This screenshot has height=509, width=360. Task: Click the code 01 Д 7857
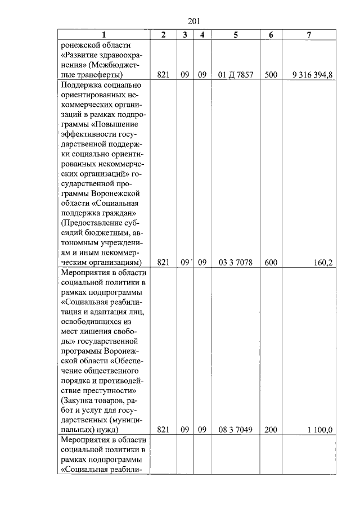(x=235, y=74)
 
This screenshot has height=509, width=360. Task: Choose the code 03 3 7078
(x=235, y=262)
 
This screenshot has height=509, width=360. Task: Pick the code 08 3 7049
(x=235, y=430)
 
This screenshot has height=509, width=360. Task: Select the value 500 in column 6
(x=271, y=74)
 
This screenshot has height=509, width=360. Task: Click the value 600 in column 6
(x=271, y=262)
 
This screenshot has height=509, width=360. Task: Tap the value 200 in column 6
(x=271, y=430)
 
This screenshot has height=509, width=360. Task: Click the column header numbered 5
(x=235, y=35)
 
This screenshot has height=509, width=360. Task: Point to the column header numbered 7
(x=309, y=35)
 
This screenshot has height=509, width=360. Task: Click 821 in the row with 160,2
(x=163, y=262)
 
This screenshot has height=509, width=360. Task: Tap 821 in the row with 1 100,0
(x=163, y=430)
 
